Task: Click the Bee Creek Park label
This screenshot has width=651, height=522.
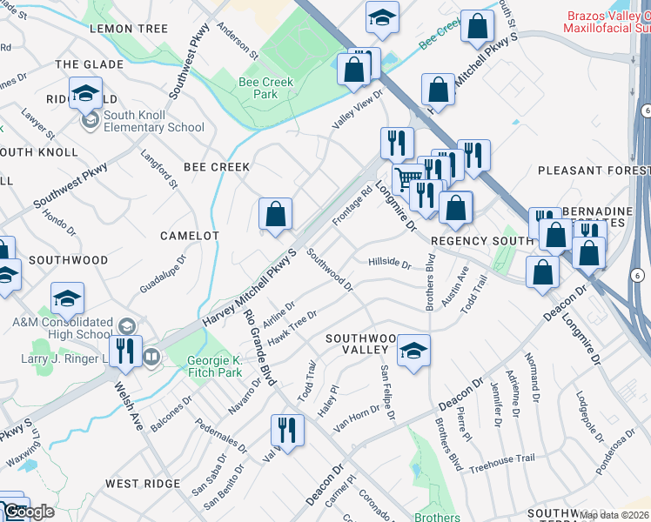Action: click(265, 89)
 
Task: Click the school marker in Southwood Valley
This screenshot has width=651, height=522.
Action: click(414, 351)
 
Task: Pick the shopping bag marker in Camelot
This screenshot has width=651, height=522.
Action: click(275, 215)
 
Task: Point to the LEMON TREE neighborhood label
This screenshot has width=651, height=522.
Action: click(129, 29)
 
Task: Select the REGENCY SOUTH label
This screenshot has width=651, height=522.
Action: click(480, 240)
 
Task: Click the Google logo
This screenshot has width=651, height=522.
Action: click(28, 512)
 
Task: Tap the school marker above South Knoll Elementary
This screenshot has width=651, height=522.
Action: click(85, 95)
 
